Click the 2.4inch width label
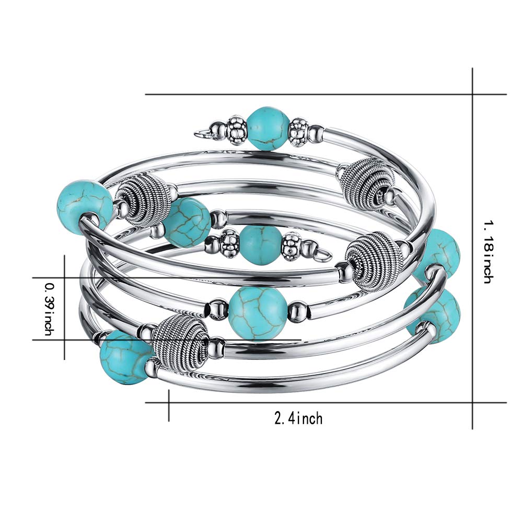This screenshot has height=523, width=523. pyautogui.click(x=298, y=418)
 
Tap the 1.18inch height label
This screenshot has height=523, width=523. pyautogui.click(x=487, y=252)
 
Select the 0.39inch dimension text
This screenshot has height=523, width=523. pyautogui.click(x=49, y=309)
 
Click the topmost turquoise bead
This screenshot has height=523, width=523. pyautogui.click(x=269, y=128)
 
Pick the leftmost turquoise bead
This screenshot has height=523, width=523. pyautogui.click(x=85, y=207)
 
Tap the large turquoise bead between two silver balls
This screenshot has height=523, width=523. pyautogui.click(x=258, y=314)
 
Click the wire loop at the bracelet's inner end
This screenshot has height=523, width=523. pyautogui.click(x=322, y=254)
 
